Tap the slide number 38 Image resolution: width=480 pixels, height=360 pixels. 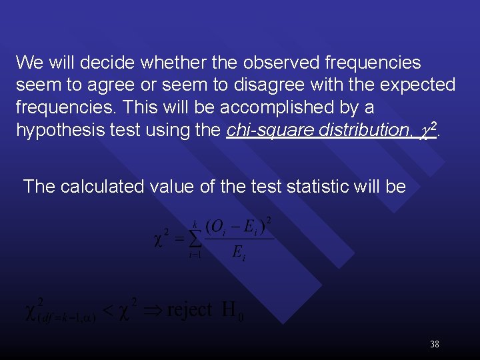(x=435, y=345)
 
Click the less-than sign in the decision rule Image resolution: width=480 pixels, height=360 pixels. (x=110, y=311)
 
